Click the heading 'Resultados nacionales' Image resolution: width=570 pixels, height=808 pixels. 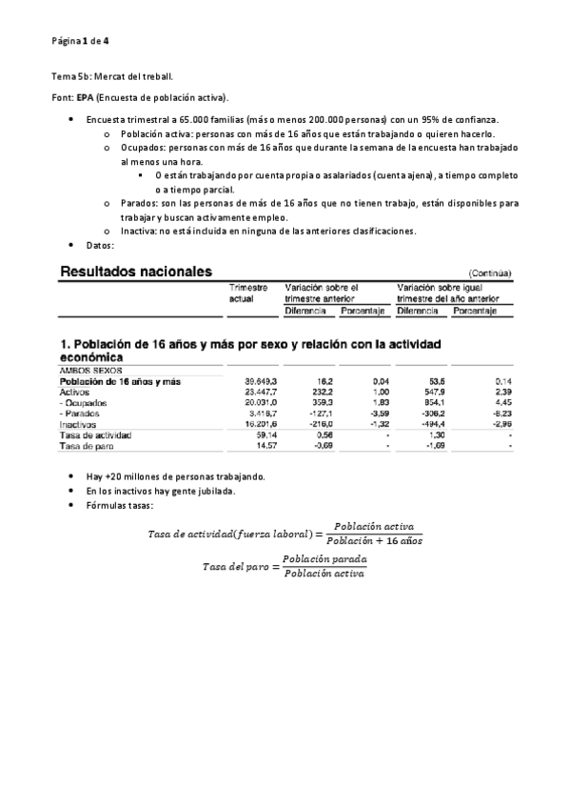pyautogui.click(x=136, y=272)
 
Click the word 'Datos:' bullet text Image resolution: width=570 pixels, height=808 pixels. pyautogui.click(x=100, y=245)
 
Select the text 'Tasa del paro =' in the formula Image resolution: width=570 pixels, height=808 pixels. pyautogui.click(x=240, y=566)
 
